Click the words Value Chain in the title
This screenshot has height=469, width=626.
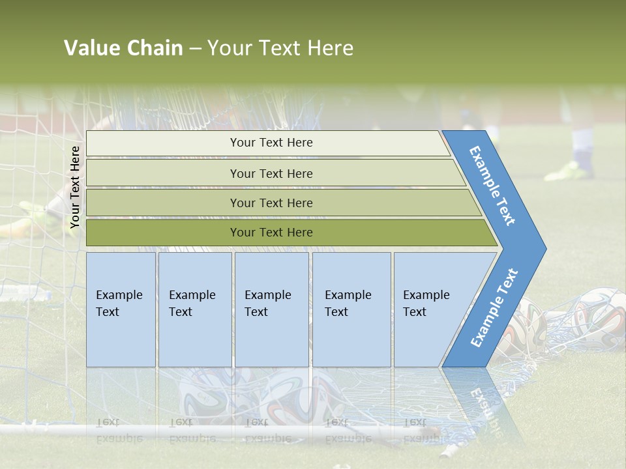(123, 48)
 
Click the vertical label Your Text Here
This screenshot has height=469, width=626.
(75, 187)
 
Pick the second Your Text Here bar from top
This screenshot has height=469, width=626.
(271, 173)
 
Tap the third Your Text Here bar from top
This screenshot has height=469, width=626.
(271, 203)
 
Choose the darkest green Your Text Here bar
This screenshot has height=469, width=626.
(271, 233)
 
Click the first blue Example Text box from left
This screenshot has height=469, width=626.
(121, 309)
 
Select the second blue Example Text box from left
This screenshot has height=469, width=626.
(195, 309)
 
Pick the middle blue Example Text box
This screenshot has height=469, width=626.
(271, 309)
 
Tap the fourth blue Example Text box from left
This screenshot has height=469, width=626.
(351, 309)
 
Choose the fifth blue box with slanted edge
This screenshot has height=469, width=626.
(430, 309)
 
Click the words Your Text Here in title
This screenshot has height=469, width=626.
(280, 48)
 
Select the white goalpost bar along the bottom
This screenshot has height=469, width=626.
(196, 430)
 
